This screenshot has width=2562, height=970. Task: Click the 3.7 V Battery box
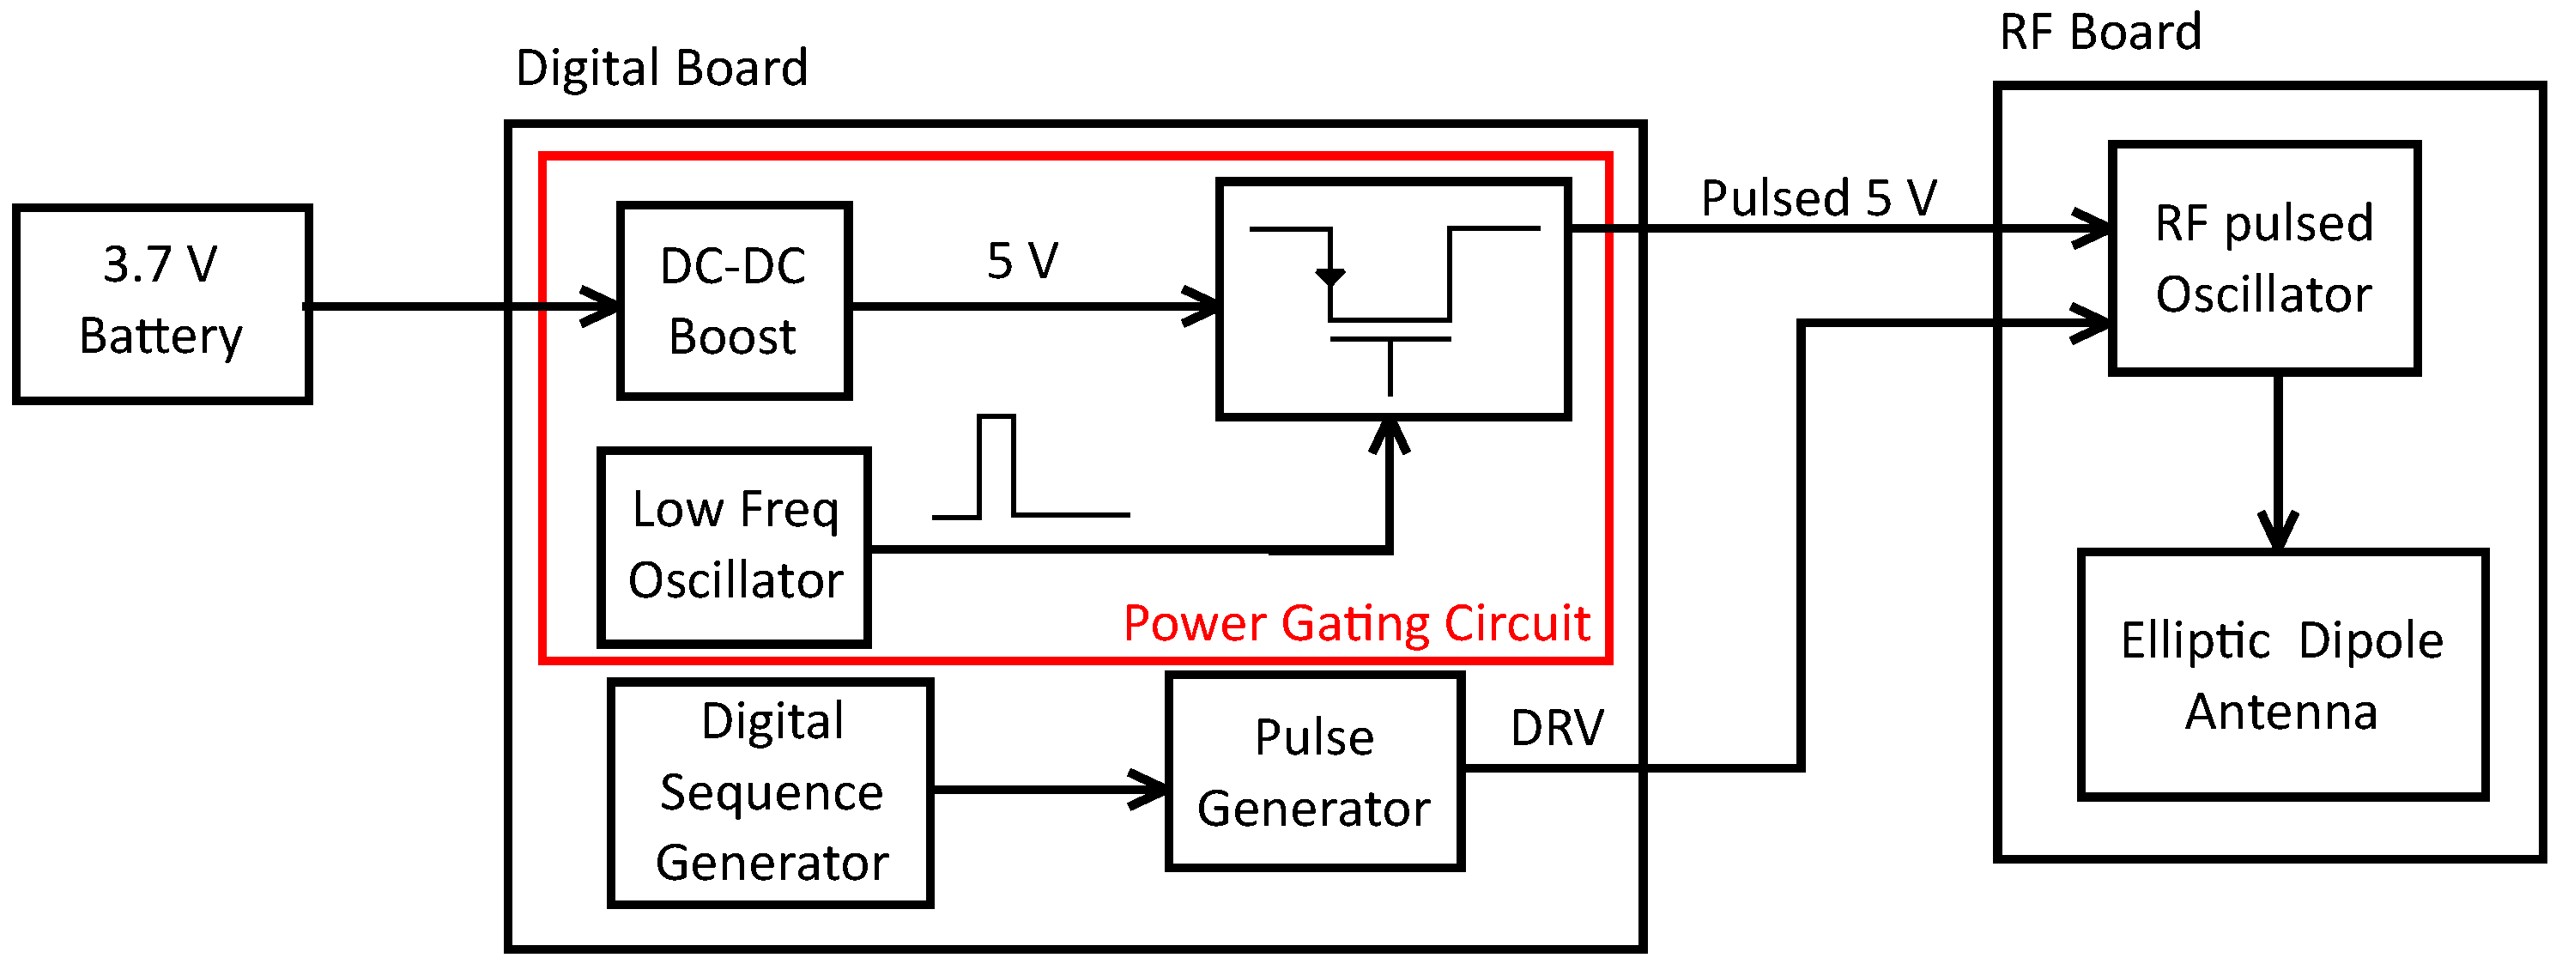(x=161, y=303)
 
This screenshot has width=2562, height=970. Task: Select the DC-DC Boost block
(x=733, y=300)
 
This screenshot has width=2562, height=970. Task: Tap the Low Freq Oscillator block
(x=734, y=547)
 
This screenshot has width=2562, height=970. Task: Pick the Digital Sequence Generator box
(x=771, y=793)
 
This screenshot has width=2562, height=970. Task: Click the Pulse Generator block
(x=1314, y=772)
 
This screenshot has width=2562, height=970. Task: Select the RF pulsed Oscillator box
(x=2263, y=258)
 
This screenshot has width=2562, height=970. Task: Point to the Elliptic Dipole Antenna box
(x=2282, y=675)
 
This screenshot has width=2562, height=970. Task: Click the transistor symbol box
(x=1392, y=299)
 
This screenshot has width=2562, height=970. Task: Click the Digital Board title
(x=662, y=69)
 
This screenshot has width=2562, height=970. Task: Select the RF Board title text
(x=2100, y=32)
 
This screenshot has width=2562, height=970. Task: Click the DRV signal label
(x=1556, y=728)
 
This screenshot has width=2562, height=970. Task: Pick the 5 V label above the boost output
(x=1021, y=261)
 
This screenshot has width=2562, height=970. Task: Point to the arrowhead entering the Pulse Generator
(x=1151, y=790)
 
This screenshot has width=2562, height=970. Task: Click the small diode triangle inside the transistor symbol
(x=1329, y=276)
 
